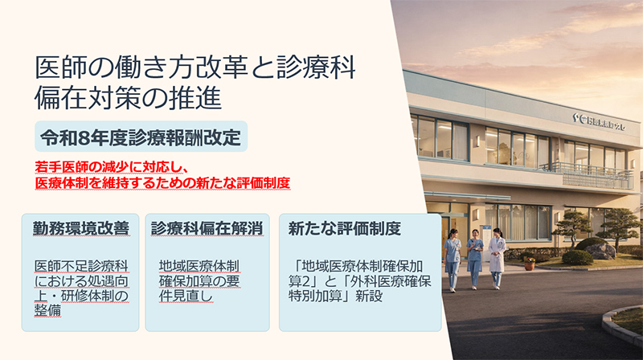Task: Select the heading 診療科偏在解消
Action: pos(208,228)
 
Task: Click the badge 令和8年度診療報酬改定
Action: pos(141,136)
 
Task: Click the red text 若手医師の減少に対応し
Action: pos(111,168)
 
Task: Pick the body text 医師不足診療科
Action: pos(81,265)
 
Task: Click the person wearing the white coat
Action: pos(497,257)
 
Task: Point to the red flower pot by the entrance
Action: pos(529,264)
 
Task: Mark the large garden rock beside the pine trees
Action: pos(600,250)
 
